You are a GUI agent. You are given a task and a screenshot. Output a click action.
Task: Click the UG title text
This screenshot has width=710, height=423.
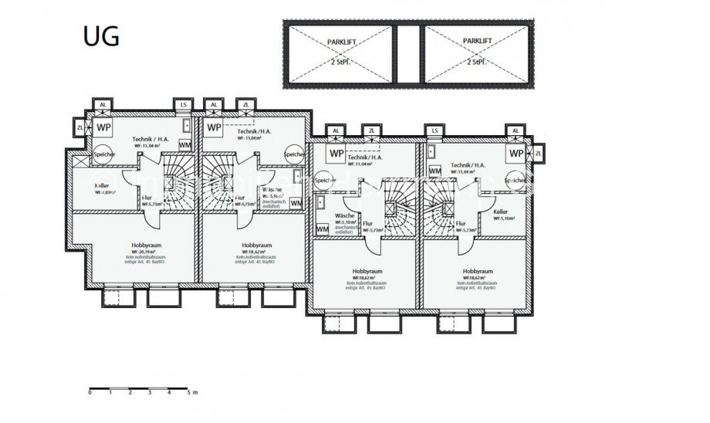[100, 37]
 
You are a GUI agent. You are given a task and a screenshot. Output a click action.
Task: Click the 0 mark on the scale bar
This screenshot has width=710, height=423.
[90, 392]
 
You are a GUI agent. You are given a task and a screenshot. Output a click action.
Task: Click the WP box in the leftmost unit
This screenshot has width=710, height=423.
[103, 127]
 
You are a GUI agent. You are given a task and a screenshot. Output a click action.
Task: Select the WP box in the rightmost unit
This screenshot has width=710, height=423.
[516, 154]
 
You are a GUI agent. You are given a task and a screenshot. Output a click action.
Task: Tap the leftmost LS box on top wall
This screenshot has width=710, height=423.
[183, 105]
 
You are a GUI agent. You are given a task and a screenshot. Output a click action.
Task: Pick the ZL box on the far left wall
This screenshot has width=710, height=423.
[80, 127]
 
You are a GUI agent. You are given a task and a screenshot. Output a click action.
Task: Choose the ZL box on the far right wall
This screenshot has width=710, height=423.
[538, 154]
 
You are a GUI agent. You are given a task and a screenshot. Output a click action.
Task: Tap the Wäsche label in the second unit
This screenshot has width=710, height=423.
[272, 190]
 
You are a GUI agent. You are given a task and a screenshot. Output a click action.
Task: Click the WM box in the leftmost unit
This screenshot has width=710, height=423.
[185, 144]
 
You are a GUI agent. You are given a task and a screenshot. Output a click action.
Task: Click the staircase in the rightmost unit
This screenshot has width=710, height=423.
[444, 207]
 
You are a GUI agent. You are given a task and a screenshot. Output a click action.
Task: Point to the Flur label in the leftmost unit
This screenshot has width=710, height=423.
[147, 198]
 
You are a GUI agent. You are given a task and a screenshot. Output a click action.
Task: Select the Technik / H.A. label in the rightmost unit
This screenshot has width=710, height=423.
[468, 165]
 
